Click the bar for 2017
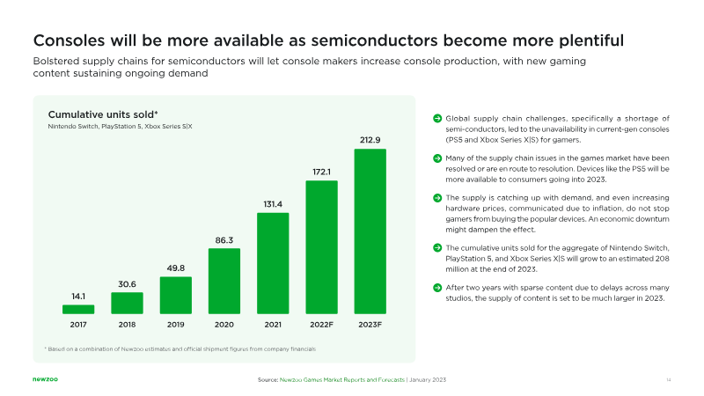(x=78, y=309)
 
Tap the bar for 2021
(x=273, y=263)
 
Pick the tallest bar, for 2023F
(x=370, y=231)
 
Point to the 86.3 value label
(x=224, y=238)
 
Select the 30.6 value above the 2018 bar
(x=127, y=283)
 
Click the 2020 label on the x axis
(x=224, y=326)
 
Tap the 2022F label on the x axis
(x=321, y=326)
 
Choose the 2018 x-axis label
(x=127, y=326)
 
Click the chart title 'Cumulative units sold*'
(x=102, y=114)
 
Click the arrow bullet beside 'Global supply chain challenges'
(x=437, y=118)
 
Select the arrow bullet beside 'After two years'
(x=437, y=287)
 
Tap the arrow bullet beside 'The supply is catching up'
(x=437, y=197)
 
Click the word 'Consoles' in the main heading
(x=70, y=40)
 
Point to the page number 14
(x=669, y=378)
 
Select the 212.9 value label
(x=370, y=140)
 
